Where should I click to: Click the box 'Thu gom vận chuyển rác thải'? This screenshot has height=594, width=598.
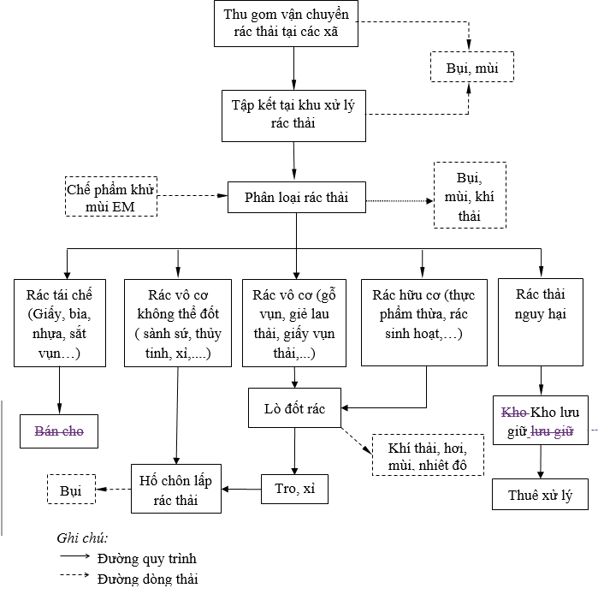(x=286, y=24)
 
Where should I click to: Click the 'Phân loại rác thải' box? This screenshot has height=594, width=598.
(x=296, y=198)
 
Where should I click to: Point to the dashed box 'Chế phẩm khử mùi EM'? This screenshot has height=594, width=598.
(x=110, y=198)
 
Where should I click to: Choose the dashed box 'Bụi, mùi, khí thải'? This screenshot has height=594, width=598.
(x=469, y=196)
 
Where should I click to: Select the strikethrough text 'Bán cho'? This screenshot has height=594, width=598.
(x=59, y=431)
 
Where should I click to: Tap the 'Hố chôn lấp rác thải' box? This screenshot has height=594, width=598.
(x=177, y=489)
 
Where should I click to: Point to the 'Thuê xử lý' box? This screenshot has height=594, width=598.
(x=540, y=494)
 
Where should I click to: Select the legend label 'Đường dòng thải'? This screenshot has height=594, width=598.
(x=146, y=579)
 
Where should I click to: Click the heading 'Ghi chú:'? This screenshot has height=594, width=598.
(x=82, y=538)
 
